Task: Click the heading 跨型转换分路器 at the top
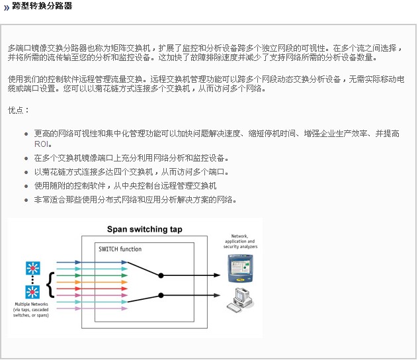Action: click(42, 7)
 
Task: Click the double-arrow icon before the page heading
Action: click(7, 7)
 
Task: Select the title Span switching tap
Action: click(145, 230)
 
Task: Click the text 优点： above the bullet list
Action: click(19, 111)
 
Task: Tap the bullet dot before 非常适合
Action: click(26, 200)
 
